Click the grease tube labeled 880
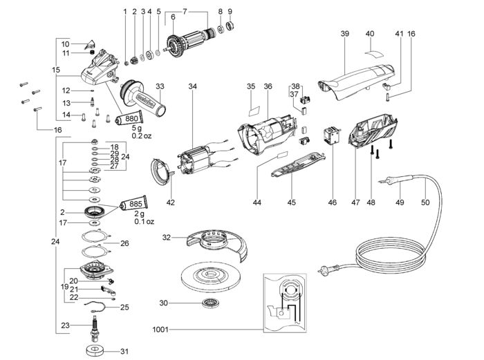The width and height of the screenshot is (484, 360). [129, 118]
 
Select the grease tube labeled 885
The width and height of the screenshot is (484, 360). [133, 204]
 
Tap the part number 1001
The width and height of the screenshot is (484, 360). [160, 330]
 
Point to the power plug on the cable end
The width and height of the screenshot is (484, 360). [326, 269]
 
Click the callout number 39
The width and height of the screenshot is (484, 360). [345, 33]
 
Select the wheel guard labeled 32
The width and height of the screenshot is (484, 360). [217, 245]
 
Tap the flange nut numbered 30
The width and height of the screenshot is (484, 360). [210, 303]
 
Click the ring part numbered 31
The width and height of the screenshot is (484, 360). [95, 351]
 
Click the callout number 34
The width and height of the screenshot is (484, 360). [193, 86]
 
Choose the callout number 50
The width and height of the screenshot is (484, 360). [425, 202]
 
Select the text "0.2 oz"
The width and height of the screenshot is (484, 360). [142, 135]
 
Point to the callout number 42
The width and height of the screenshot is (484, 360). [170, 202]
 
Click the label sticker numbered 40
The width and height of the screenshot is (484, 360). [375, 53]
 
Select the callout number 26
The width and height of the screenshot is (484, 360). [124, 243]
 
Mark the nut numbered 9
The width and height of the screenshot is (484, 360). [230, 26]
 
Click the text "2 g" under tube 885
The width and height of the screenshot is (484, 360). [139, 214]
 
